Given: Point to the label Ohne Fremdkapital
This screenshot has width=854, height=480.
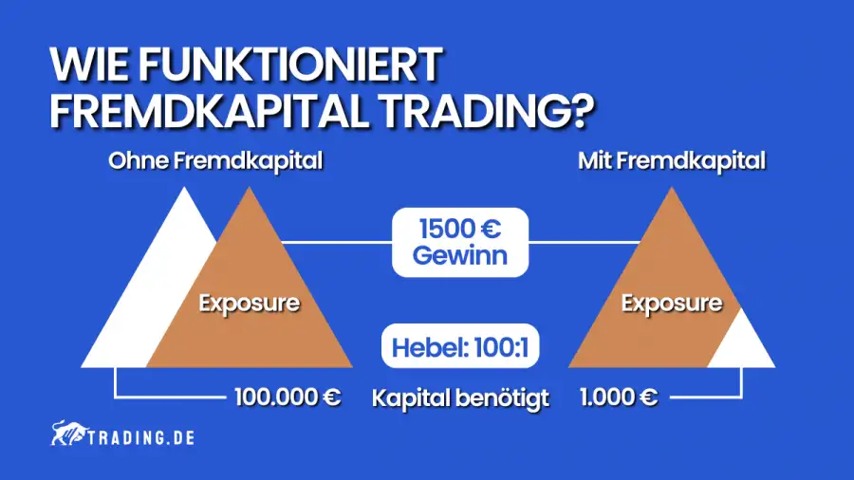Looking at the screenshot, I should [215, 161].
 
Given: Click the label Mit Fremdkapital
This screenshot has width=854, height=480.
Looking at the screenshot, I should [672, 161].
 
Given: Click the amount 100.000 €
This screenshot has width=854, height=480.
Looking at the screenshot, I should [287, 397].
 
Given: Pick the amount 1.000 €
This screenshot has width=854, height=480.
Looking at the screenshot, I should [618, 397].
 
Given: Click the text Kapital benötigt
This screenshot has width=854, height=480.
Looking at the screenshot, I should [461, 397].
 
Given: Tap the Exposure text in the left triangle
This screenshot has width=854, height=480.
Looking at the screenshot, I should [249, 305].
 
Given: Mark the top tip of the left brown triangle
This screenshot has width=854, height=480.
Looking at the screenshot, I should [249, 189].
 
